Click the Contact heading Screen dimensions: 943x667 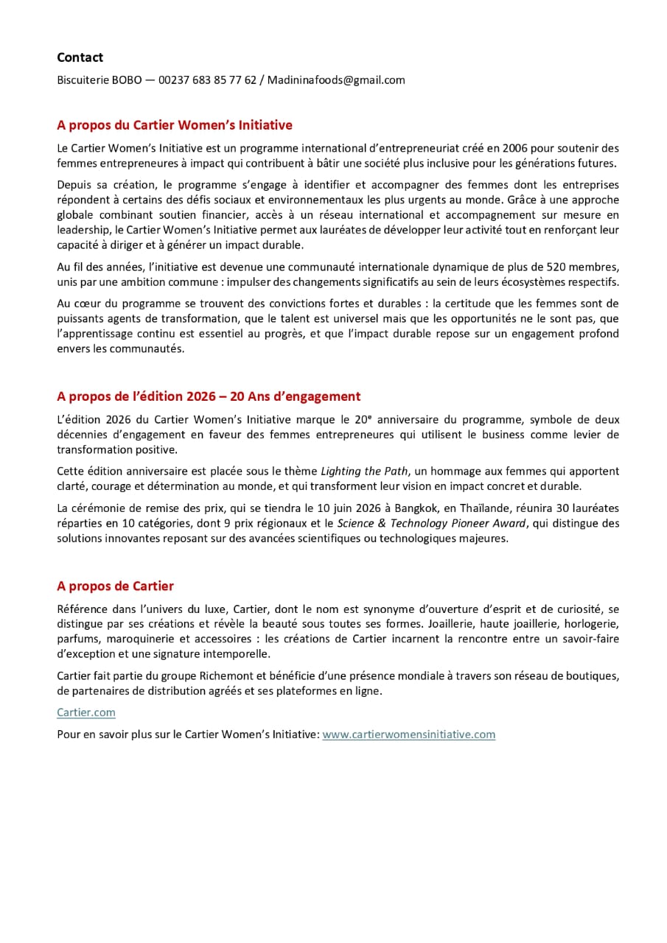pos(80,57)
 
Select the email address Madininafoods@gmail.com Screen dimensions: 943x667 pos(336,80)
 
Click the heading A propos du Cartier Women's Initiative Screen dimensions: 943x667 pos(175,125)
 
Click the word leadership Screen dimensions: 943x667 pos(81,230)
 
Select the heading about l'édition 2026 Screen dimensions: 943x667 pos(209,396)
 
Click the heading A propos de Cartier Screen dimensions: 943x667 pos(115,586)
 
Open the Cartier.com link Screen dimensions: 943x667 pos(86,713)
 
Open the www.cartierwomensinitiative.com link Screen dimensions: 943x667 pos(409,735)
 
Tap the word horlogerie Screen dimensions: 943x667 pos(590,624)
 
